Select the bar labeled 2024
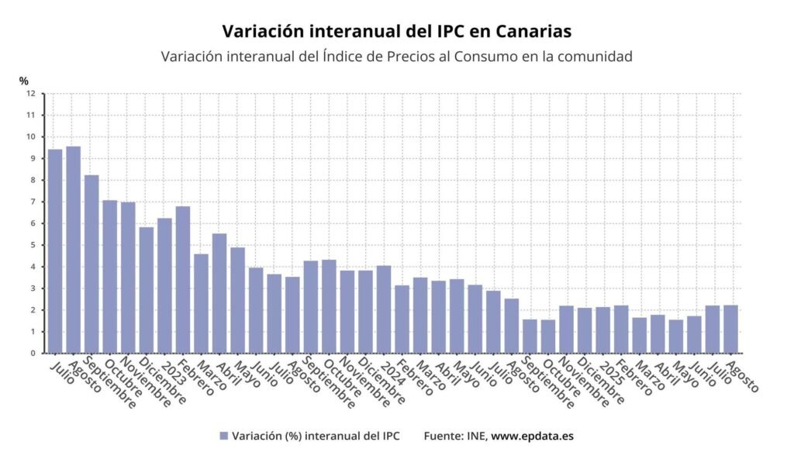(384, 309)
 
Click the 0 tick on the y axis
(33, 354)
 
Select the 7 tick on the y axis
(33, 202)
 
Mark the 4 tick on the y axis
(33, 267)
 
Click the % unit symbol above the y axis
(24, 80)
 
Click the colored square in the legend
(224, 437)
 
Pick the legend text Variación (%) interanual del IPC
(316, 437)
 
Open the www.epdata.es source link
(532, 437)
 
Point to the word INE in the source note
(475, 437)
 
